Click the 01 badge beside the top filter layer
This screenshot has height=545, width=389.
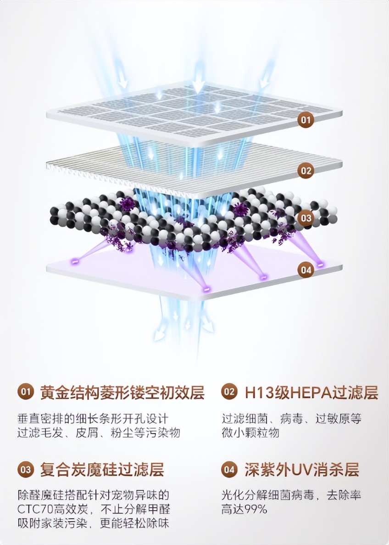(306, 120)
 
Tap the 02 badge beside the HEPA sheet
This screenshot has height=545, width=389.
(306, 171)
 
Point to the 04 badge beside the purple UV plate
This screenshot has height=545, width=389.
(306, 270)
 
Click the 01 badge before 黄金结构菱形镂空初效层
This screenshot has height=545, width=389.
(26, 392)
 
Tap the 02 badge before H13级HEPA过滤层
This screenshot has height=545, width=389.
(229, 392)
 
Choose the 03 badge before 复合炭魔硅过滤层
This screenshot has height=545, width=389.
(26, 469)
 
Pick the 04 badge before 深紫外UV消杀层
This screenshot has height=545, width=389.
(229, 469)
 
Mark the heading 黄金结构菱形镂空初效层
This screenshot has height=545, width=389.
(122, 392)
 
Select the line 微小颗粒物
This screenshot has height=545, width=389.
(250, 432)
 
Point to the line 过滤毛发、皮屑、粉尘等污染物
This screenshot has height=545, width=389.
(99, 432)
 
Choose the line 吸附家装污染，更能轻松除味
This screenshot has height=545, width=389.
(93, 523)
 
